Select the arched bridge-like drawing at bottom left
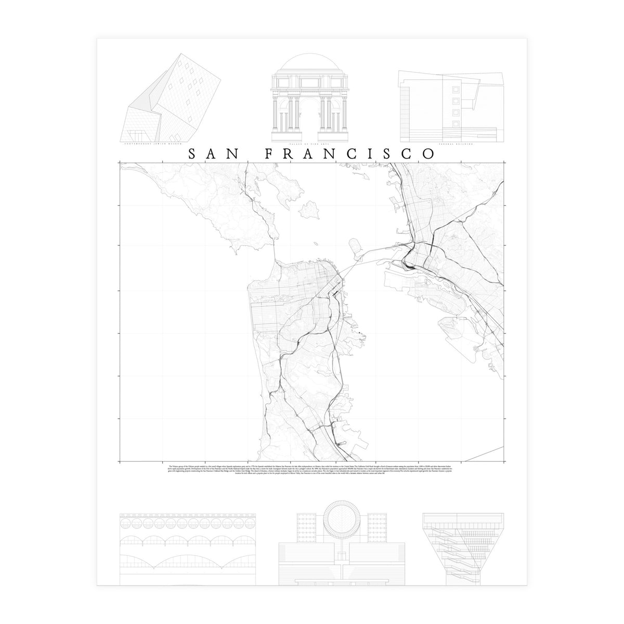tap(187, 546)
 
